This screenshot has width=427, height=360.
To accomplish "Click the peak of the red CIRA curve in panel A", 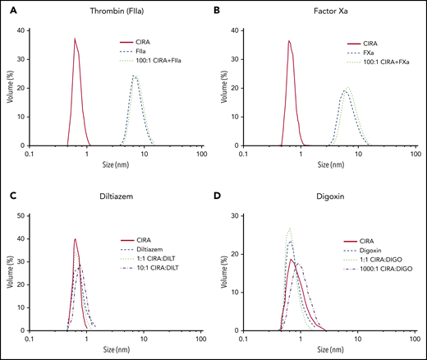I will (75, 39).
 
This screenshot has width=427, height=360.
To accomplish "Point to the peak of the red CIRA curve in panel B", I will (289, 41).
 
